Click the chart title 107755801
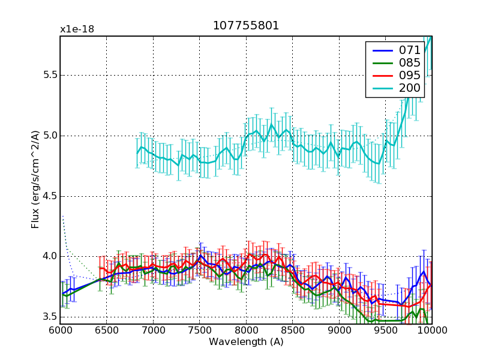[x=245, y=26]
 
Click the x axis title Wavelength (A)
[x=246, y=342]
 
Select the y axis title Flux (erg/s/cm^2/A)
[x=36, y=180]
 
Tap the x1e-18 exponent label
[x=77, y=29]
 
